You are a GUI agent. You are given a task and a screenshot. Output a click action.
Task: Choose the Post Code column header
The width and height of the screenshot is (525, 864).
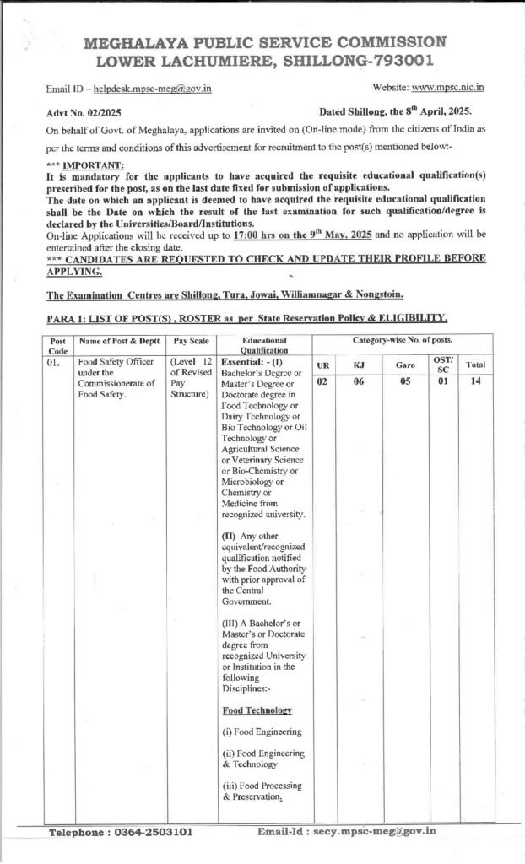click(58, 344)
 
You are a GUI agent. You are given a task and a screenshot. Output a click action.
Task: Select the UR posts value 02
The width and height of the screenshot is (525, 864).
click(322, 381)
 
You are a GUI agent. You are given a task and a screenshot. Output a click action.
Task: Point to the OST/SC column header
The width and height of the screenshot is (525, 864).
click(443, 364)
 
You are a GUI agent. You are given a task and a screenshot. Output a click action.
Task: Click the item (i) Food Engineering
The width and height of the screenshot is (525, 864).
click(262, 732)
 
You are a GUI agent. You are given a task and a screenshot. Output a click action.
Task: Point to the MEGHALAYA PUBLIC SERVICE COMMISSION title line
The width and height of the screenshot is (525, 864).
click(265, 42)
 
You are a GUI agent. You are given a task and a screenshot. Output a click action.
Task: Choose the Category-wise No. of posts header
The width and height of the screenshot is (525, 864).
click(399, 339)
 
